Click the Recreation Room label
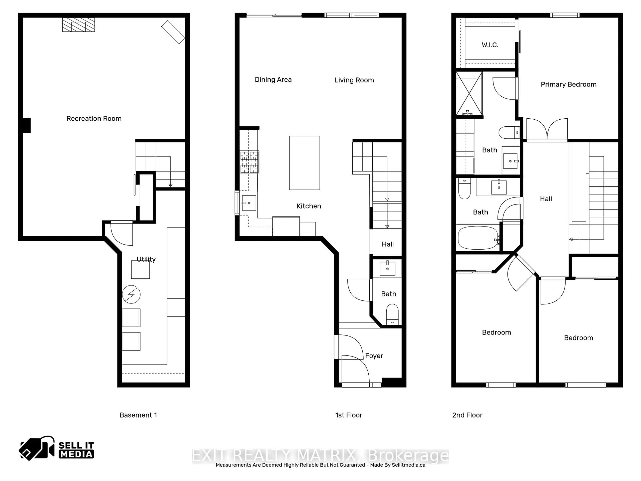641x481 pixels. click(94, 119)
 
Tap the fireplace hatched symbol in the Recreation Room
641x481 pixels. click(78, 25)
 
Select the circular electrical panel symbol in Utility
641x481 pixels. click(131, 294)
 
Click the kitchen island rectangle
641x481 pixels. click(304, 163)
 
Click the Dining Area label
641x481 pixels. click(273, 80)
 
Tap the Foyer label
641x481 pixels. click(374, 356)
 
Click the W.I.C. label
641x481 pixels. click(490, 45)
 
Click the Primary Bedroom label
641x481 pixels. click(568, 84)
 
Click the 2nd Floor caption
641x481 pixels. click(467, 415)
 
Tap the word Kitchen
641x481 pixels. click(309, 206)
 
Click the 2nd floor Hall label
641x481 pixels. click(546, 199)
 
